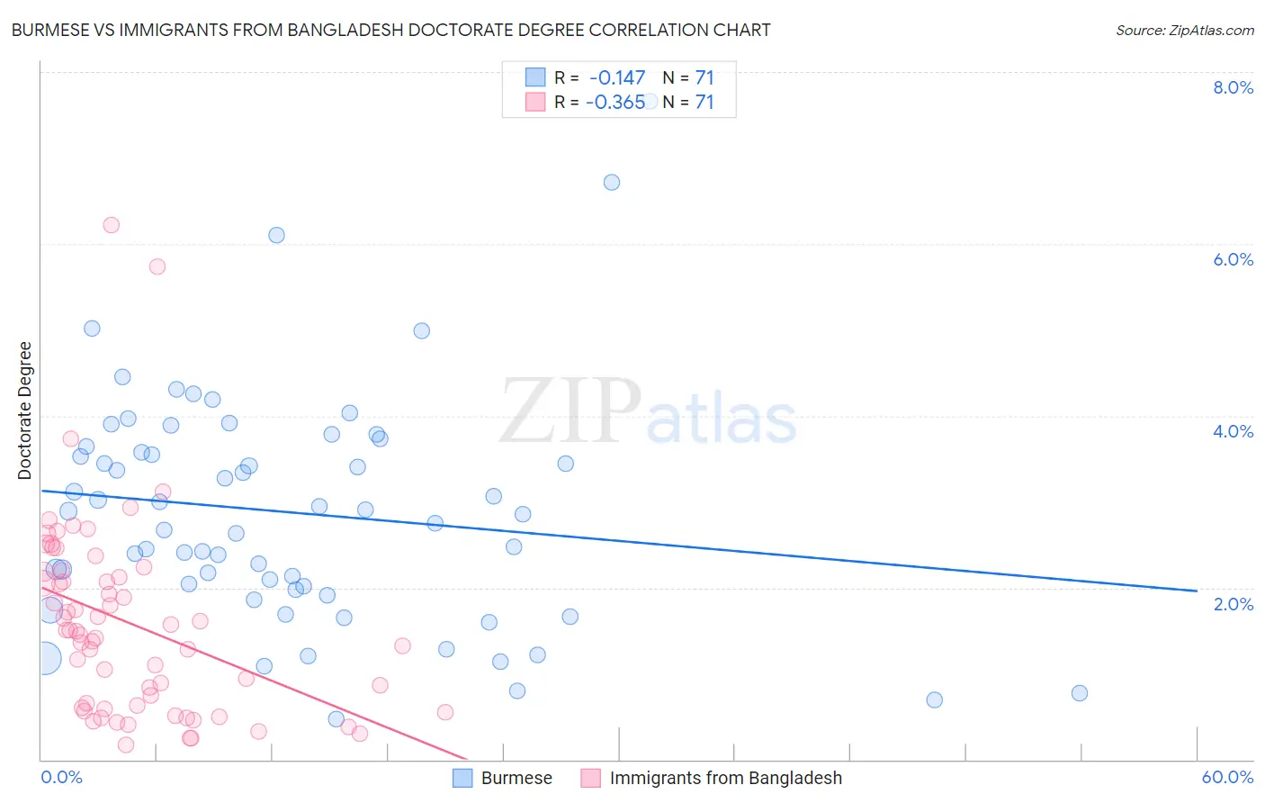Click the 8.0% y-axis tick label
(x=1233, y=87)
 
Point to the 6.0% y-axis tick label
(x=1233, y=259)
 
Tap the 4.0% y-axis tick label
(x=1233, y=431)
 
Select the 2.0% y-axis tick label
(x=1233, y=604)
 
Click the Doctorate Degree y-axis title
(x=25, y=411)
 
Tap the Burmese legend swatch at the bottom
(x=462, y=778)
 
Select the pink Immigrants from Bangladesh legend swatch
(x=590, y=778)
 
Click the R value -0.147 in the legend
(x=616, y=78)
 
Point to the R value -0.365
(x=615, y=103)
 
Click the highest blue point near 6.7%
(x=612, y=182)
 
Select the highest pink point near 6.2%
(x=112, y=225)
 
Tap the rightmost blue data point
(x=1080, y=693)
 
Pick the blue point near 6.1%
(x=276, y=235)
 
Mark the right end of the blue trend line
(x=1197, y=591)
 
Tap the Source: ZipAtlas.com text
(x=1184, y=31)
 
